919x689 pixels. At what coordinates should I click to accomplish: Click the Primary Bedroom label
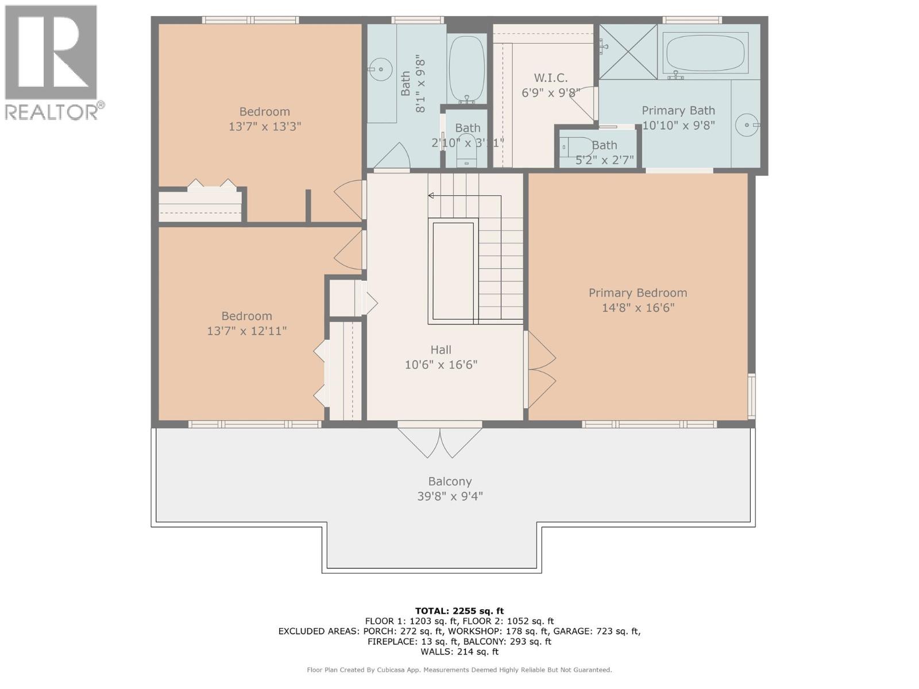638,293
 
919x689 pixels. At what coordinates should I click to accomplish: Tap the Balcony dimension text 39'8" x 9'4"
450,496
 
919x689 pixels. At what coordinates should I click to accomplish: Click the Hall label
441,350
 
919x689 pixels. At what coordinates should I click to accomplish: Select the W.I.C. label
550,78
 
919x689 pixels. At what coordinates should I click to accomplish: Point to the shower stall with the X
628,51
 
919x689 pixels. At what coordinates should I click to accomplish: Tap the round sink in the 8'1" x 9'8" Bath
379,70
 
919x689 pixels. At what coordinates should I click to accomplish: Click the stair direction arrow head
431,196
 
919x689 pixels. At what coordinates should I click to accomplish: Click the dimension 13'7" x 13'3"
265,126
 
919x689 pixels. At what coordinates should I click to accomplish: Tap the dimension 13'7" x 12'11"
246,331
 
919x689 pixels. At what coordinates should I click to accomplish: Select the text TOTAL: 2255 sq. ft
459,611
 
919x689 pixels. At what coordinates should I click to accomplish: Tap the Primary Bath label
678,110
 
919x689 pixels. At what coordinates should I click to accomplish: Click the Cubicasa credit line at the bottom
459,669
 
